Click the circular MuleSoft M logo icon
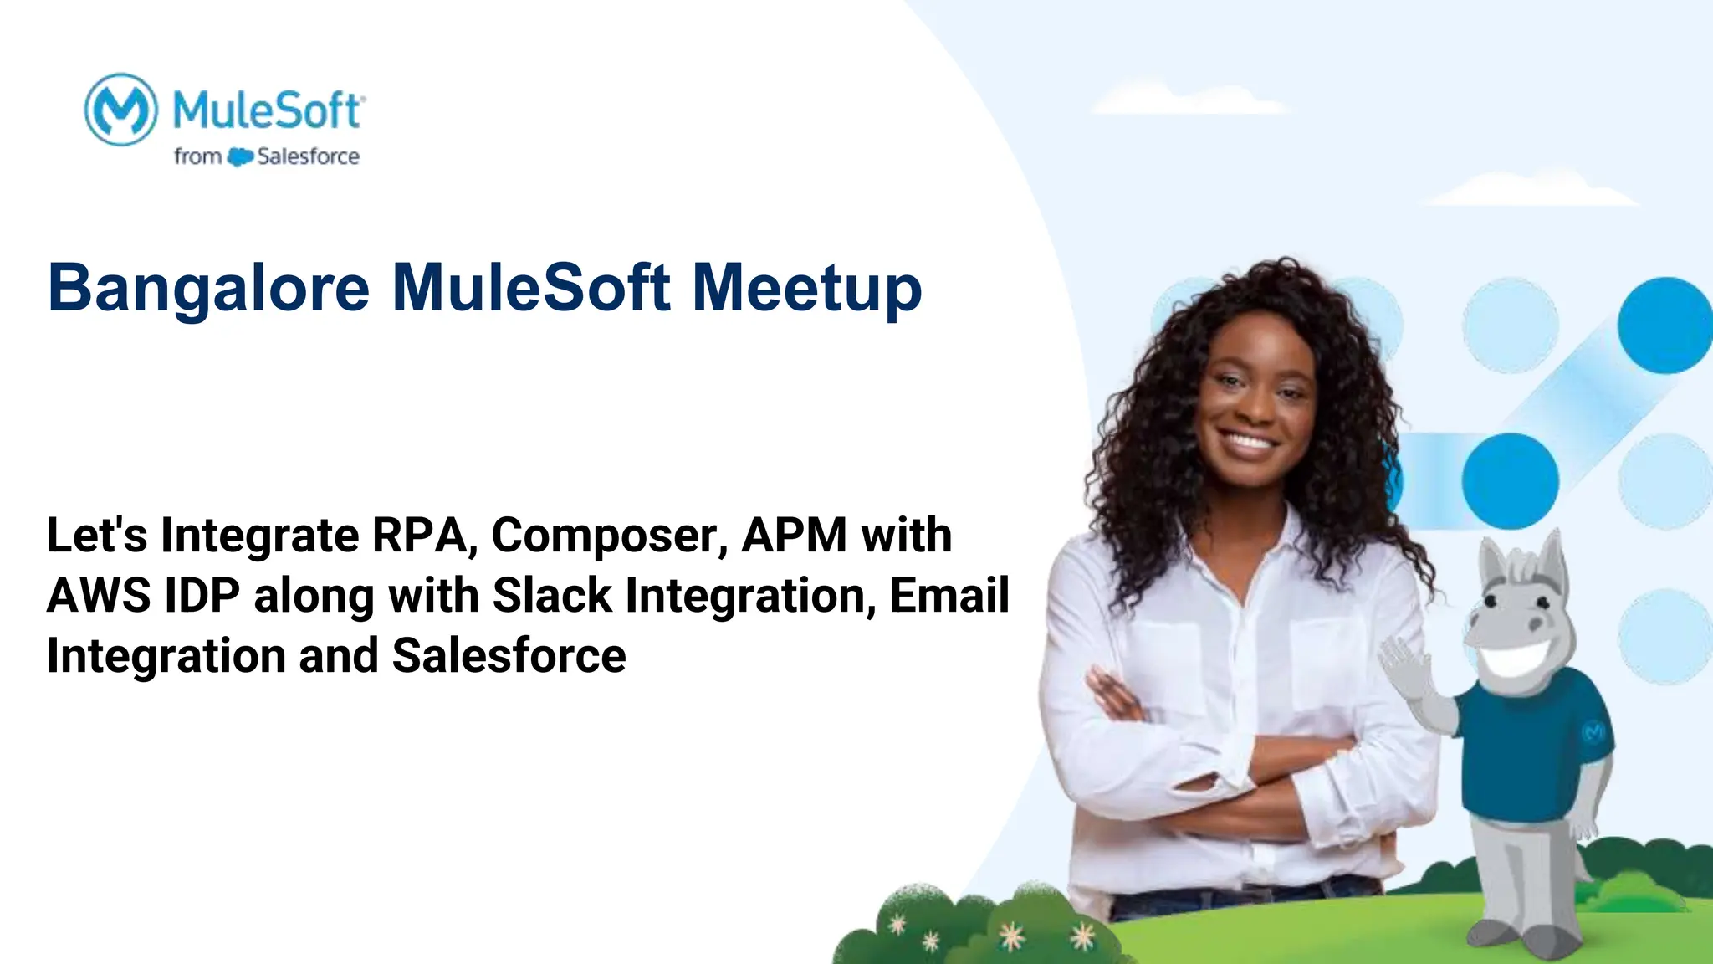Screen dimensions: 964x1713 tap(121, 110)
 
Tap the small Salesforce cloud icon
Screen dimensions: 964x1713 tap(240, 156)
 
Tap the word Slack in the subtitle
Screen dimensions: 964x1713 tap(552, 595)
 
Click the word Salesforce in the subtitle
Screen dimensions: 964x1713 tap(509, 655)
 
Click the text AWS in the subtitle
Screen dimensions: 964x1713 tap(99, 595)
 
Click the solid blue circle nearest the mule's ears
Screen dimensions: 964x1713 tap(1510, 481)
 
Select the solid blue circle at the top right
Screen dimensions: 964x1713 tap(1664, 326)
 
